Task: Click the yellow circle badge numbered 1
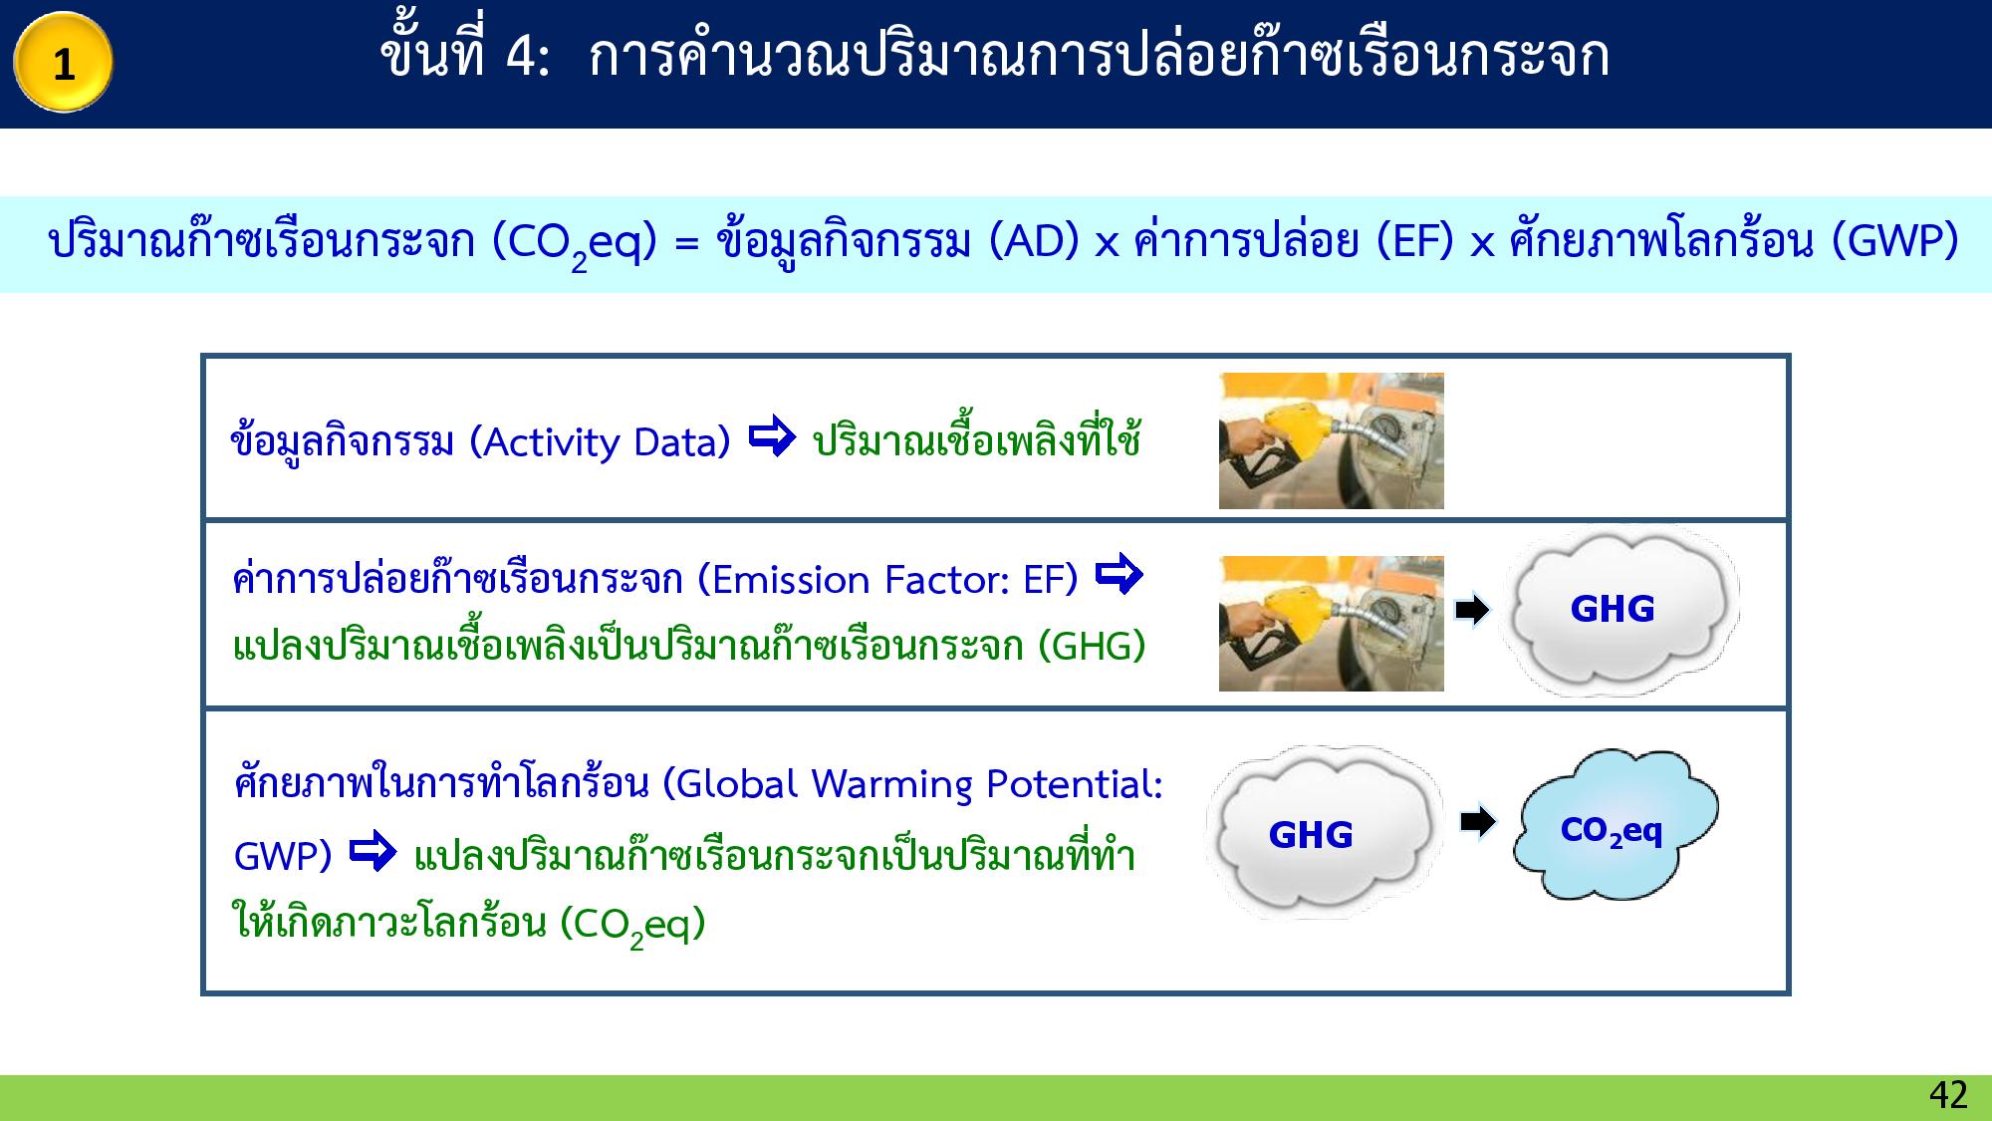click(63, 63)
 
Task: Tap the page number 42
click(1947, 1095)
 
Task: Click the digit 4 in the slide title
click(520, 57)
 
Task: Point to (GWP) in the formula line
click(1895, 242)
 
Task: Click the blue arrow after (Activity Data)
click(771, 437)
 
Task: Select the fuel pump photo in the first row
click(1331, 440)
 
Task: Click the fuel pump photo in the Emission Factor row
click(1331, 623)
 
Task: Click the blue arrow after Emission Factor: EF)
click(1119, 575)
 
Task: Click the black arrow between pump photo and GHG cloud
click(1471, 610)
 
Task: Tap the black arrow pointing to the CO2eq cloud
click(1477, 822)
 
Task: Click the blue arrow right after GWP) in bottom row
click(373, 853)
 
